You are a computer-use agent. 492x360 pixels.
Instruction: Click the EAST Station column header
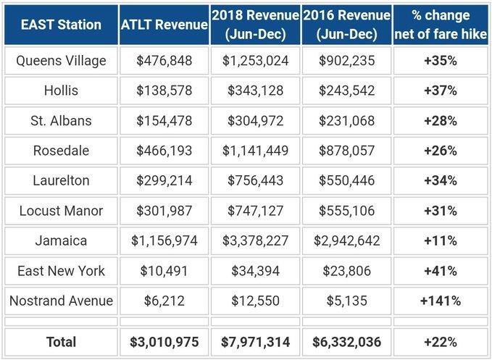pyautogui.click(x=60, y=25)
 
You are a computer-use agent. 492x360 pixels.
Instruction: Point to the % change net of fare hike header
pyautogui.click(x=440, y=25)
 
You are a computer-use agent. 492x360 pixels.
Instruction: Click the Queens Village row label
pyautogui.click(x=60, y=61)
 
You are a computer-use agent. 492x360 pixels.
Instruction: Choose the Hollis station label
pyautogui.click(x=60, y=91)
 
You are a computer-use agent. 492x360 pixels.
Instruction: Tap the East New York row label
pyautogui.click(x=60, y=270)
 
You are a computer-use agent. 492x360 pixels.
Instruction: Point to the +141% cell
pyautogui.click(x=440, y=300)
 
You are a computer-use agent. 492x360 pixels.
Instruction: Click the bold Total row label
pyautogui.click(x=60, y=342)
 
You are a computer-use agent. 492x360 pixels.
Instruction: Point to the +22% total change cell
pyautogui.click(x=440, y=342)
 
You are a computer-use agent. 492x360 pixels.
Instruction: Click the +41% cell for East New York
pyautogui.click(x=440, y=270)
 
